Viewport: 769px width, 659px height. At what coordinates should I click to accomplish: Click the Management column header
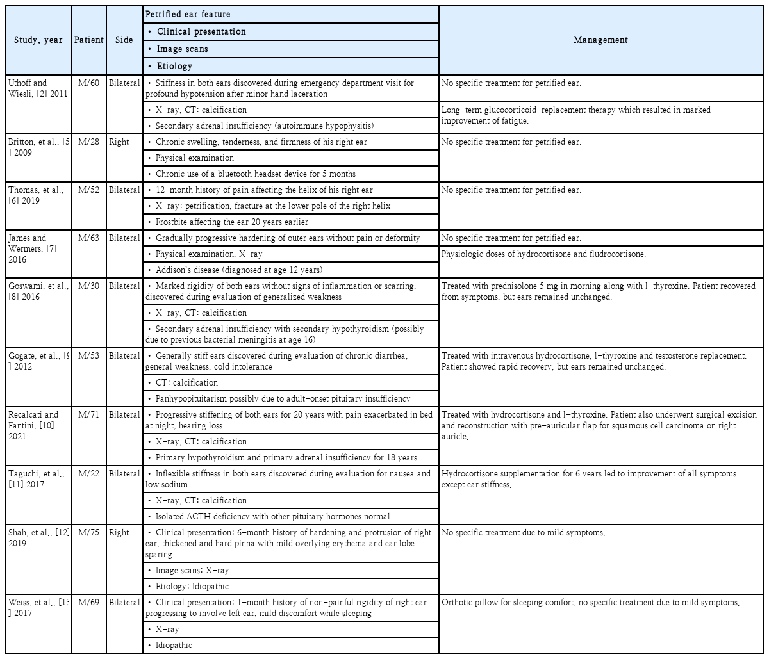pyautogui.click(x=600, y=40)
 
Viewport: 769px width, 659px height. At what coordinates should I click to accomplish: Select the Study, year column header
pyautogui.click(x=38, y=40)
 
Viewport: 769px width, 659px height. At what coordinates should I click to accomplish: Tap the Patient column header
pyautogui.click(x=88, y=40)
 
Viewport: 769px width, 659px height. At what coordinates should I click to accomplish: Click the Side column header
pyautogui.click(x=124, y=40)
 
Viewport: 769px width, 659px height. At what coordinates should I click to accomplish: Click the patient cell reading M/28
pyautogui.click(x=88, y=142)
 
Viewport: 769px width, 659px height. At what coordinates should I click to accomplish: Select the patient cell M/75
pyautogui.click(x=88, y=533)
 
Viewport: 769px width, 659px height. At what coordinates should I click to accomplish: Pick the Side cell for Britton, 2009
pyautogui.click(x=119, y=142)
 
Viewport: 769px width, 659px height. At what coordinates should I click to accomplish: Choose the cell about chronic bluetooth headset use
pyautogui.click(x=255, y=174)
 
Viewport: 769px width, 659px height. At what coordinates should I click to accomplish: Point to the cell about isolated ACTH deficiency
pyautogui.click(x=272, y=517)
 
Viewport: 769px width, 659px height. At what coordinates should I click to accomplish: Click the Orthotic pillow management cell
pyautogui.click(x=590, y=603)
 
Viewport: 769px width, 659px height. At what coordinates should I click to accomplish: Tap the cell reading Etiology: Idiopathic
pyautogui.click(x=192, y=586)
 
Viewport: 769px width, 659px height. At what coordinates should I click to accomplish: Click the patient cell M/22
pyautogui.click(x=88, y=474)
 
